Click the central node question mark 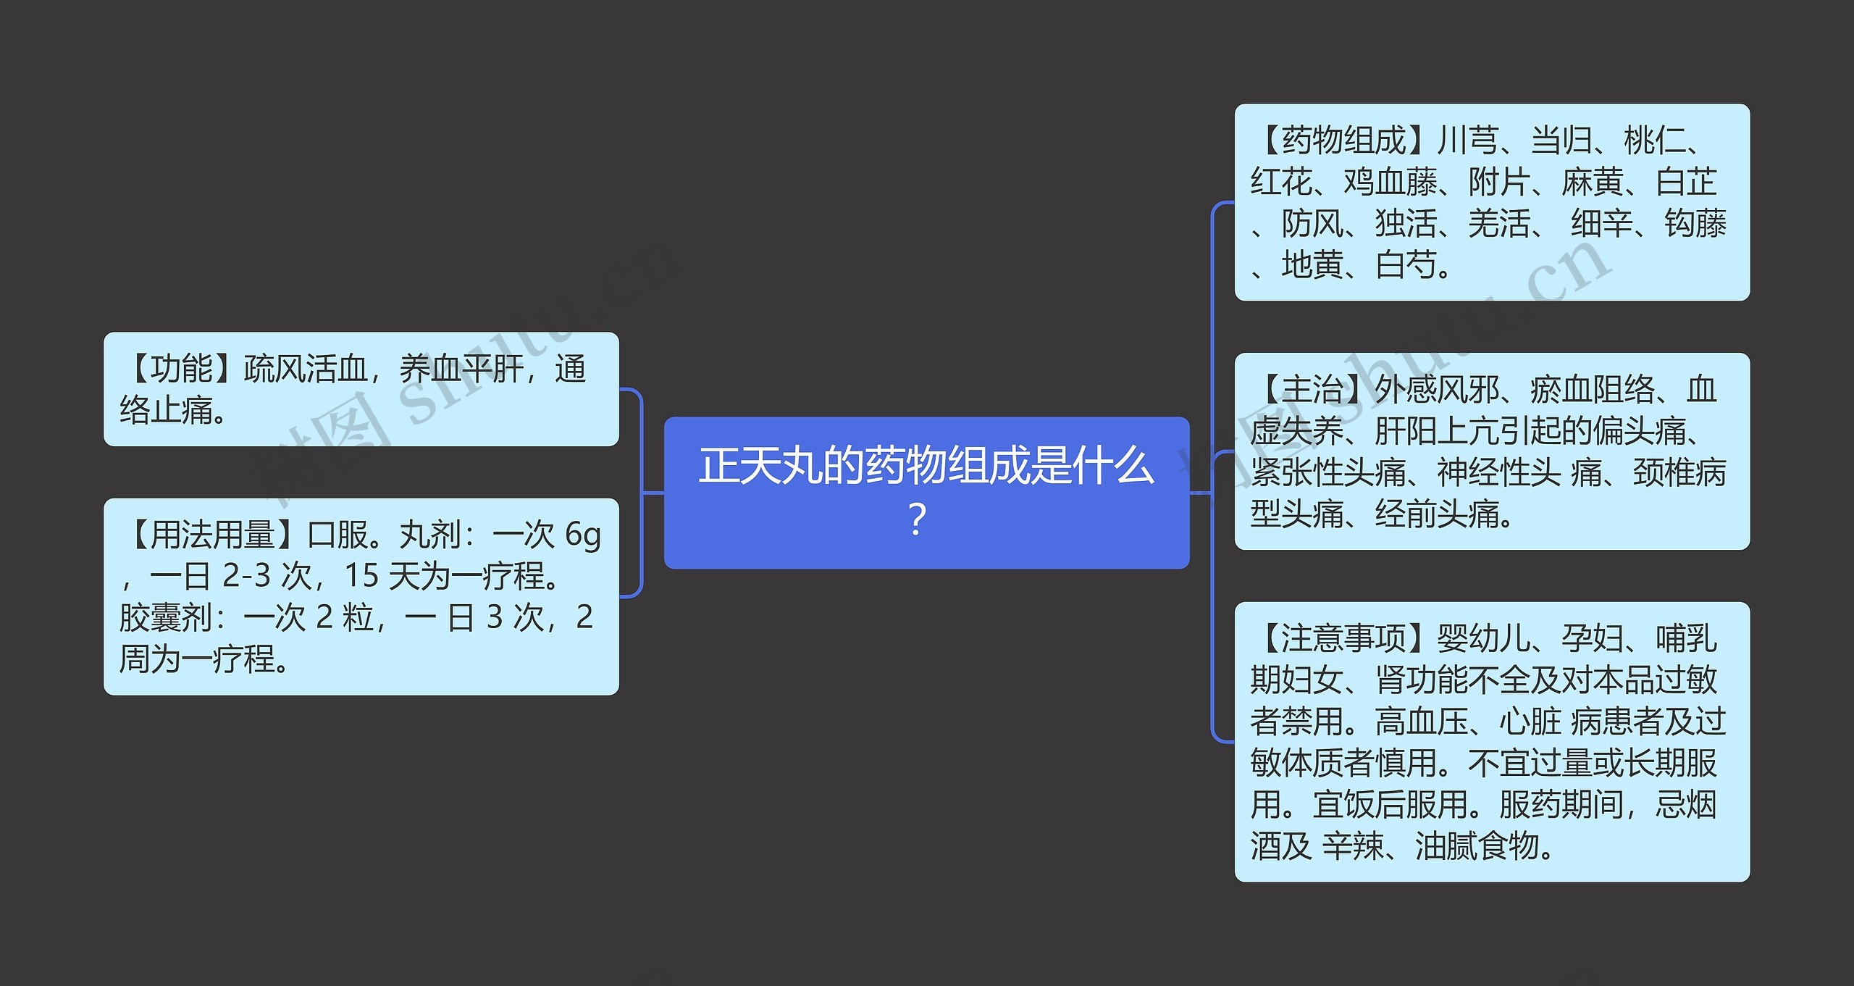pyautogui.click(x=917, y=519)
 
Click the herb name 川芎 pyautogui.click(x=1467, y=141)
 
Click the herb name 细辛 pyautogui.click(x=1601, y=223)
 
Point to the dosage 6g pyautogui.click(x=583, y=535)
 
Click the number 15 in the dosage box pyautogui.click(x=361, y=576)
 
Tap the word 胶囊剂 pyautogui.click(x=166, y=617)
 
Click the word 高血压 pyautogui.click(x=1422, y=722)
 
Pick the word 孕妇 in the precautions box pyautogui.click(x=1593, y=638)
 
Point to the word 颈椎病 pyautogui.click(x=1679, y=473)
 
